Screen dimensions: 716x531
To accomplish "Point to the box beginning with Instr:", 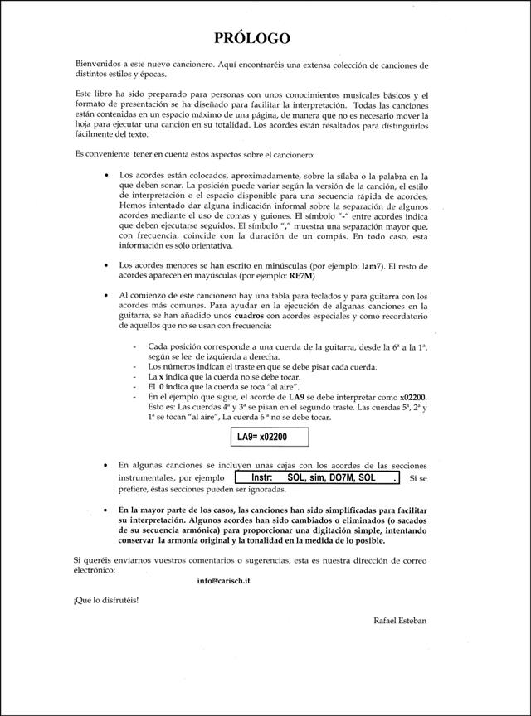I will click(x=316, y=478).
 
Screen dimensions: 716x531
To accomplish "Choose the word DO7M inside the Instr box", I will click(x=341, y=478).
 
